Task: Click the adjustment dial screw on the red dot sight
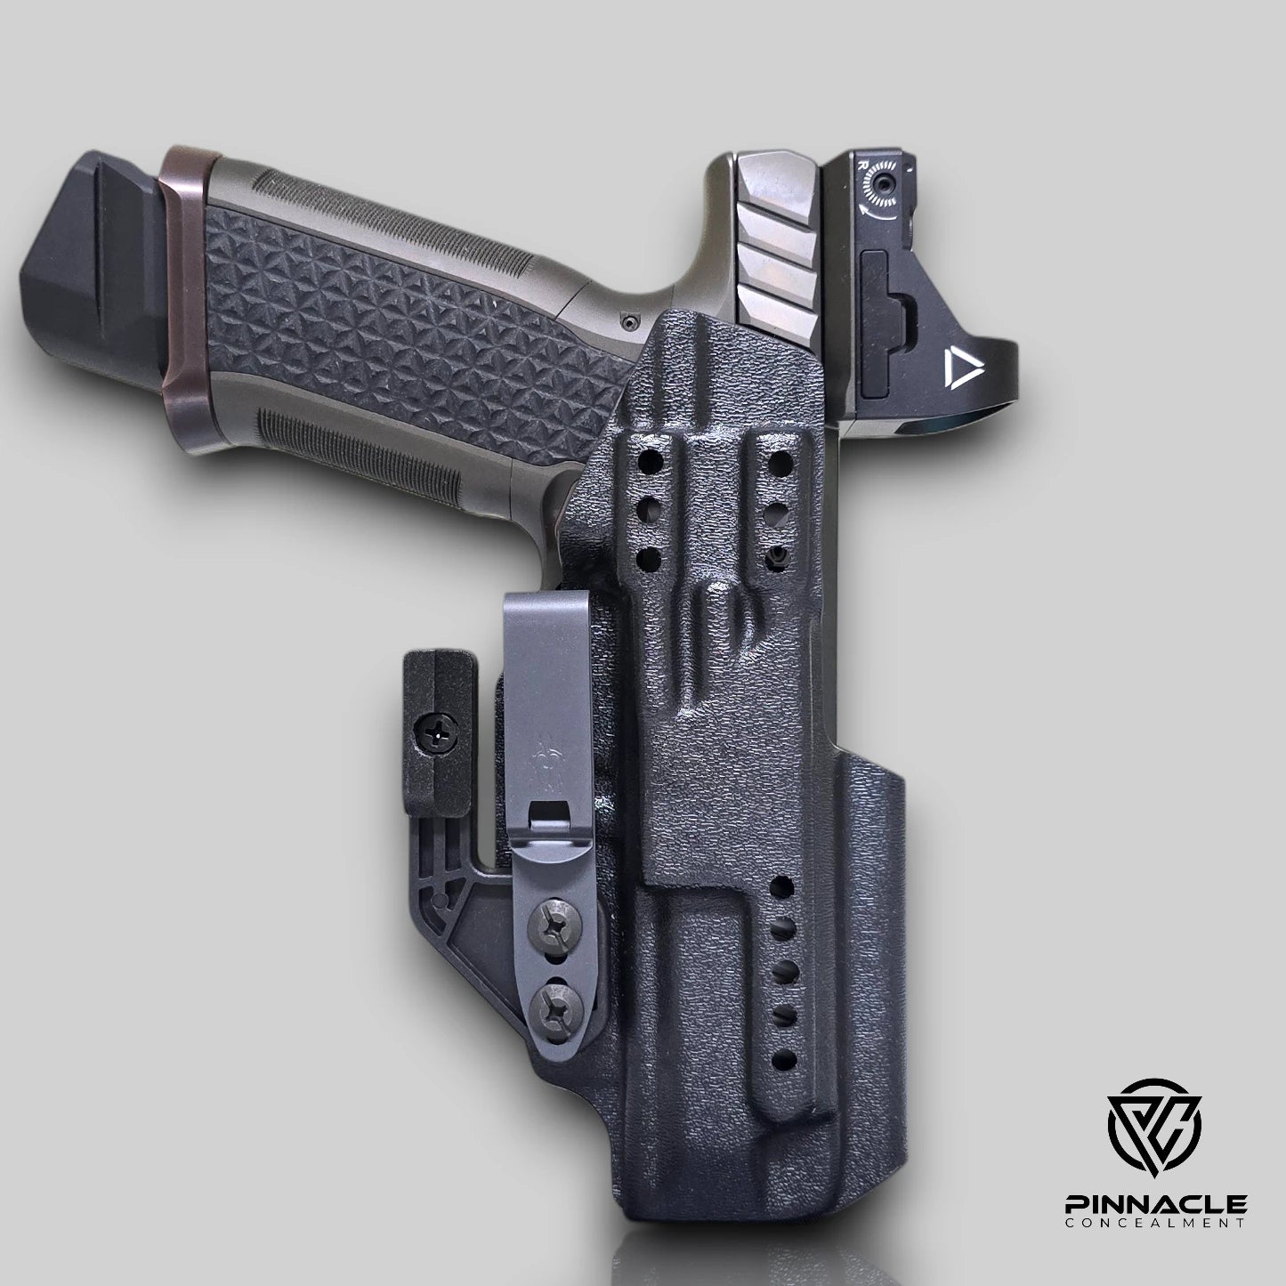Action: click(x=884, y=184)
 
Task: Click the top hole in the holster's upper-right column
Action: click(x=781, y=462)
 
